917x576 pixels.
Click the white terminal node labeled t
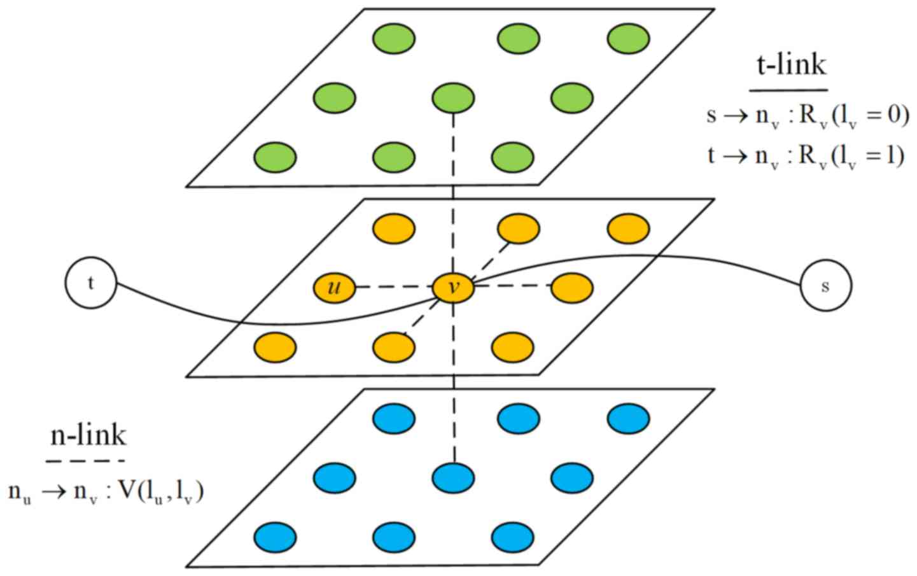coord(90,283)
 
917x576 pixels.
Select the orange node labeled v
coord(453,288)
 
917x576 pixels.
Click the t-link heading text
coord(791,64)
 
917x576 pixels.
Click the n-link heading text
coord(88,435)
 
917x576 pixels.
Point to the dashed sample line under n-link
coord(85,460)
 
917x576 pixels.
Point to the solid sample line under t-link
coord(788,90)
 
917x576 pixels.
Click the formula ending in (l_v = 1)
coord(806,157)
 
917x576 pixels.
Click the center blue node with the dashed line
coord(453,477)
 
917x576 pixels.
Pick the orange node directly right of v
coord(572,288)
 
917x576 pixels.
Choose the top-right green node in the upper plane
coord(628,39)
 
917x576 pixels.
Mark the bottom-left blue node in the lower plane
coord(275,537)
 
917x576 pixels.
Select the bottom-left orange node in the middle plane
coord(275,348)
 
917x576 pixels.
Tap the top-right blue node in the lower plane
coord(628,419)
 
